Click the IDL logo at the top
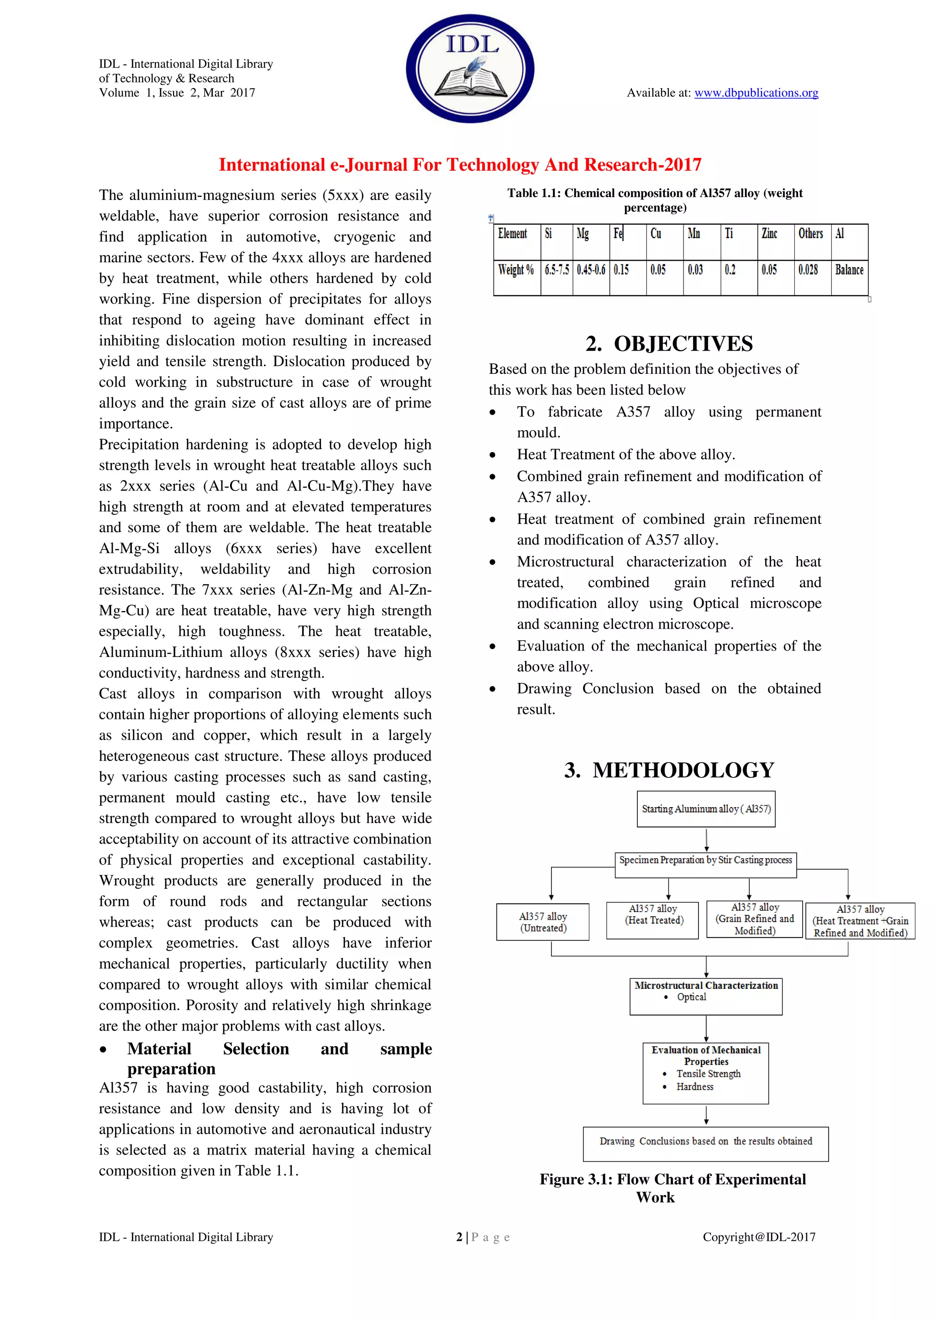tap(470, 68)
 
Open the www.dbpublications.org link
tap(756, 93)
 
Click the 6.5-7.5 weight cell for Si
tap(557, 270)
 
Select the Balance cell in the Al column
tap(849, 270)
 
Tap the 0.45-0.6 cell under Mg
tap(591, 270)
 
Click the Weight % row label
tap(516, 270)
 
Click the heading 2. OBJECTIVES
tap(669, 344)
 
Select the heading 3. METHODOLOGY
tap(669, 771)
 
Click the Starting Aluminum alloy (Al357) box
tap(706, 809)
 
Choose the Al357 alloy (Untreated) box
tap(543, 922)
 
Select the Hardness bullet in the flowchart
tap(694, 1086)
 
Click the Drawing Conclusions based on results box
tap(705, 1141)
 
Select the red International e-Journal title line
tap(460, 165)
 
